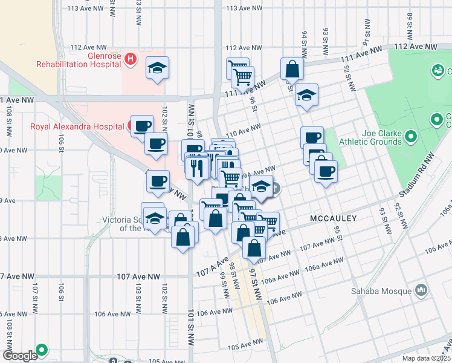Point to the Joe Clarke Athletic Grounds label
point(381,137)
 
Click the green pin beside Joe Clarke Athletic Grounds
point(410,136)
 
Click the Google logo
point(19,356)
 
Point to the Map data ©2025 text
point(427,358)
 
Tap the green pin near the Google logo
point(42,350)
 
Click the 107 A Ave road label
point(212,267)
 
